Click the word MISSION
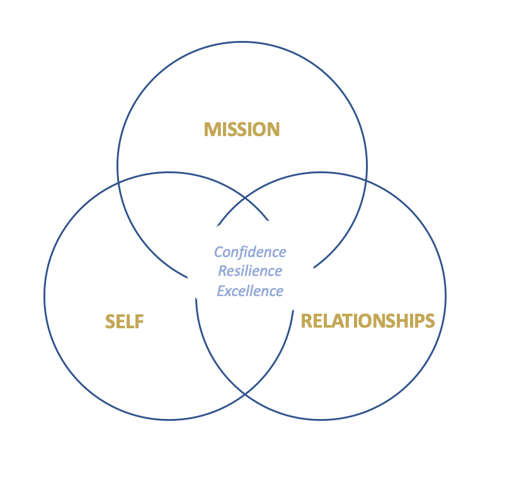click(x=242, y=130)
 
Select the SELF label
click(x=125, y=322)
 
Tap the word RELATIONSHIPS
click(x=368, y=321)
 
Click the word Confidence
click(x=250, y=252)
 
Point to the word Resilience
click(x=250, y=271)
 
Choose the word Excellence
click(x=250, y=290)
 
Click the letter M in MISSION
click(x=211, y=130)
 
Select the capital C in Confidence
click(x=218, y=252)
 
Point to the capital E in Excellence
click(x=221, y=290)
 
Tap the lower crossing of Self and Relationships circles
click(x=245, y=394)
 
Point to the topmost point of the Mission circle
click(x=242, y=42)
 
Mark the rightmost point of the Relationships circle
click(x=445, y=295)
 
